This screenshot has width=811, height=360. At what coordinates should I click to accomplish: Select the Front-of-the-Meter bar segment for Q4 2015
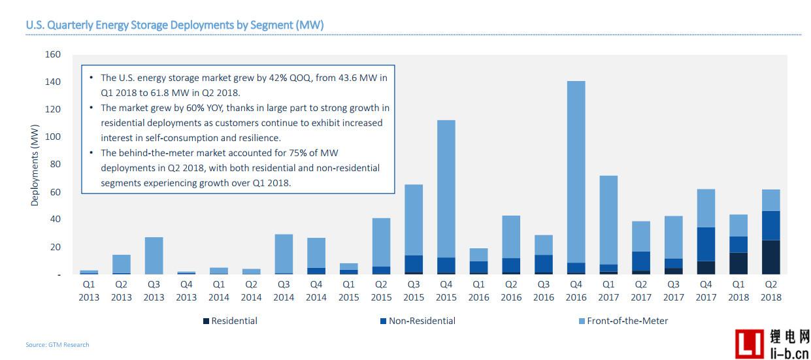(x=446, y=189)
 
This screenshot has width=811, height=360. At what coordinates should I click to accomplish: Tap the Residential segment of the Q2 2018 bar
(x=770, y=257)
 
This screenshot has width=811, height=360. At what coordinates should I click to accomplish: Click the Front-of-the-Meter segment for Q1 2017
(x=608, y=220)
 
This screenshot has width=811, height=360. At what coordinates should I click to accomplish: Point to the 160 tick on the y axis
(x=53, y=54)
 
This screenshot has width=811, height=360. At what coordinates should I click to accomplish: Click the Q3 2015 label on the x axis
(x=413, y=291)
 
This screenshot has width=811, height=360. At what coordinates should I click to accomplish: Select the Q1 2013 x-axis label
(x=89, y=291)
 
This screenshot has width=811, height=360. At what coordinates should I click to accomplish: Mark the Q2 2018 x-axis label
(x=770, y=291)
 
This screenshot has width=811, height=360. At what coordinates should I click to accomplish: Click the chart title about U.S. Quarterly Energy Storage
(x=174, y=25)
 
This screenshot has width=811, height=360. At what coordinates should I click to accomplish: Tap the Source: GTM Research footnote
(x=58, y=344)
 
